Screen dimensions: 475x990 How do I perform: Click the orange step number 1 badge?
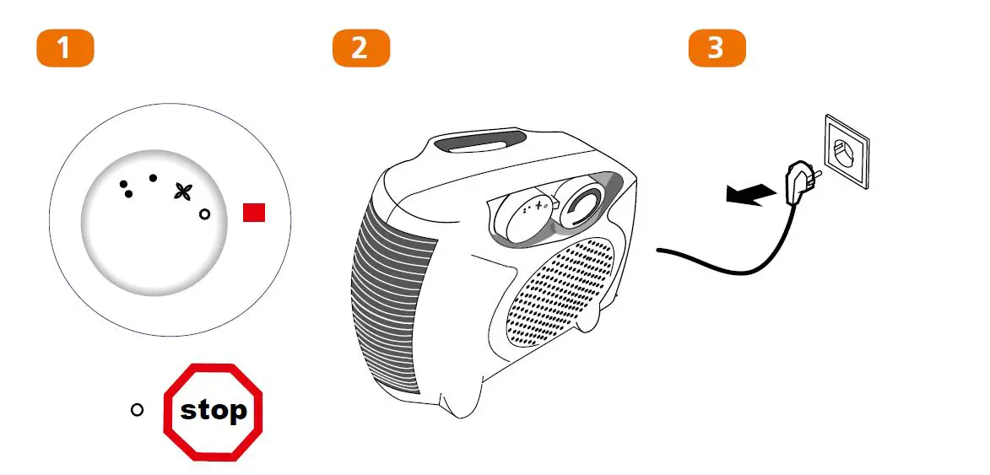point(64,48)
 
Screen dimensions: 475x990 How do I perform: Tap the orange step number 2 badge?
point(360,48)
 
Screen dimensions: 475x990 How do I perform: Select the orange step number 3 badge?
point(717,48)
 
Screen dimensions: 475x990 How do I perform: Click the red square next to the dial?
point(254,213)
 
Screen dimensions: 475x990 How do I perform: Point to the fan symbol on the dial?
point(181,192)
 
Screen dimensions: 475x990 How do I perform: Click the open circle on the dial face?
point(203,215)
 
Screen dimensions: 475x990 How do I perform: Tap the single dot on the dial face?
point(153,178)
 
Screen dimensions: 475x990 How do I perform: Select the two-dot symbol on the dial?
point(126,189)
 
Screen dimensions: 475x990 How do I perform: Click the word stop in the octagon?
point(214,411)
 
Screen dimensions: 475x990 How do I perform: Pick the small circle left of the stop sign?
point(138,410)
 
